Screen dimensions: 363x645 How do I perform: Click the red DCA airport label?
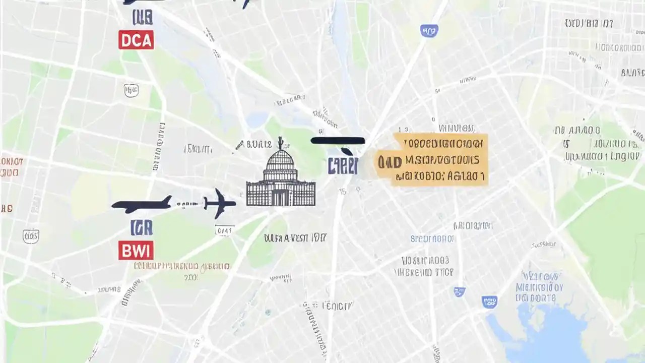click(x=136, y=40)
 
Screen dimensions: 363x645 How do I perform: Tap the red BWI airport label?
click(x=136, y=250)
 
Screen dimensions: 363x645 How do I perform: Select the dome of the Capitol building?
click(x=280, y=161)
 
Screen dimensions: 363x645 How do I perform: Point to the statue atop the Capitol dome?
click(x=280, y=142)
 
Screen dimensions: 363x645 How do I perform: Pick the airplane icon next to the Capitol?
click(x=220, y=203)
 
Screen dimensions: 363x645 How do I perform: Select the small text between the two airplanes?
click(x=187, y=204)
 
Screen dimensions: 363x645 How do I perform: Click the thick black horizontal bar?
click(x=338, y=141)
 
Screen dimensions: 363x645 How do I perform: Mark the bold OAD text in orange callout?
click(x=390, y=162)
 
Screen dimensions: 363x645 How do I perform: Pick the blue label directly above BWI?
click(x=141, y=228)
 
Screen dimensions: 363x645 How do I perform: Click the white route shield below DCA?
click(x=131, y=90)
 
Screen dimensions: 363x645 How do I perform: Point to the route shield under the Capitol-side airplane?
click(x=224, y=230)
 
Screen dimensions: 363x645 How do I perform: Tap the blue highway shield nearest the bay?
click(x=489, y=301)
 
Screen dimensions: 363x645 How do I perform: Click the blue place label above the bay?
click(x=539, y=287)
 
